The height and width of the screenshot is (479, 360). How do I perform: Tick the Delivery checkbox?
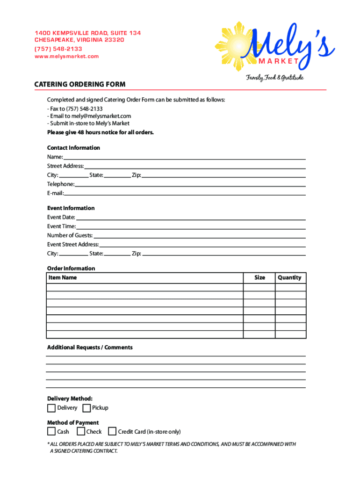pos(51,408)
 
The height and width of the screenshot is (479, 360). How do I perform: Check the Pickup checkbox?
pos(86,408)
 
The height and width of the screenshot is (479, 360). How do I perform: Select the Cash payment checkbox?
pos(51,431)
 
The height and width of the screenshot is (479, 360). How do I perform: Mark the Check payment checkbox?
pos(81,431)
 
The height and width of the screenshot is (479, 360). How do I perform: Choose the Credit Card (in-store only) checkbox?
pos(112,431)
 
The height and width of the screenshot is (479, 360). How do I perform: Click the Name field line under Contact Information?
pos(184,157)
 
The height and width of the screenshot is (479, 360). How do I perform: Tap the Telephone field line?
pos(190,184)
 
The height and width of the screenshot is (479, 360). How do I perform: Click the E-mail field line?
pos(185,193)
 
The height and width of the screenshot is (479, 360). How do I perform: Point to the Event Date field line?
pos(191,218)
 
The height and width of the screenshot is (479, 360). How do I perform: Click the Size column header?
pos(259,278)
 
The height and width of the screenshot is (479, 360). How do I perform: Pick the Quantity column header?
pos(289,278)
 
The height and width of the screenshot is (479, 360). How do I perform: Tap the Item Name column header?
pos(63,278)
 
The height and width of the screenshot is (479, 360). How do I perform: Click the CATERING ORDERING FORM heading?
pos(80,84)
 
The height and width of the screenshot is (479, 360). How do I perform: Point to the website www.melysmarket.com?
pos(67,57)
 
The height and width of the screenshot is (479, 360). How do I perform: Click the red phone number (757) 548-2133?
pos(58,49)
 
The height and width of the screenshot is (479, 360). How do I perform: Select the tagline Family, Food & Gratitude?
pos(275,78)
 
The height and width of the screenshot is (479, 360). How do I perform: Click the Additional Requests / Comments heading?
pos(90,348)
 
